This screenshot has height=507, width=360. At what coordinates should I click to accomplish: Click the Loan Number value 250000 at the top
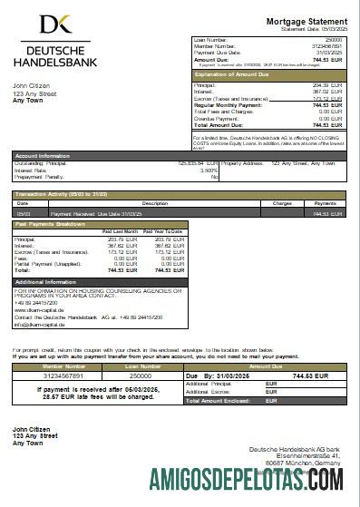(x=334, y=40)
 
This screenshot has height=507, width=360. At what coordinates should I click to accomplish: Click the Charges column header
(x=281, y=203)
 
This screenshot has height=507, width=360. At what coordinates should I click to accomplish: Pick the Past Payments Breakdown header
(x=56, y=223)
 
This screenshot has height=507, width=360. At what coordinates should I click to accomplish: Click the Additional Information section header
(x=51, y=282)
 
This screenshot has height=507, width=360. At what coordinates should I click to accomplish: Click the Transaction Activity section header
(x=64, y=194)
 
